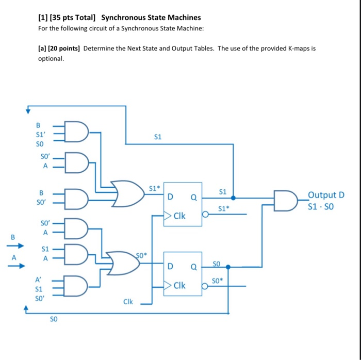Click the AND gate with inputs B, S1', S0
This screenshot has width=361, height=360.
[x=77, y=132]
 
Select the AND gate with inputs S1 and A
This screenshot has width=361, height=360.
[x=77, y=254]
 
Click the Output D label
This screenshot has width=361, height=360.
[x=325, y=195]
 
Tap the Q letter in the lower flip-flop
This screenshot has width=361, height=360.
[x=193, y=267]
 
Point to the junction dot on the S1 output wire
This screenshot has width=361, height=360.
[x=233, y=198]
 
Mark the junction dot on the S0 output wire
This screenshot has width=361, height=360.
[x=228, y=267]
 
